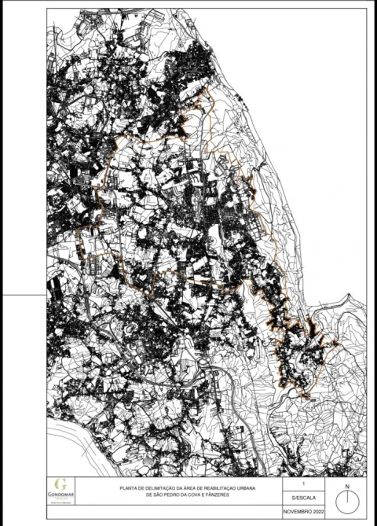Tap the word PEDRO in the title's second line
(178, 496)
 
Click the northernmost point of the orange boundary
(207, 89)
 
